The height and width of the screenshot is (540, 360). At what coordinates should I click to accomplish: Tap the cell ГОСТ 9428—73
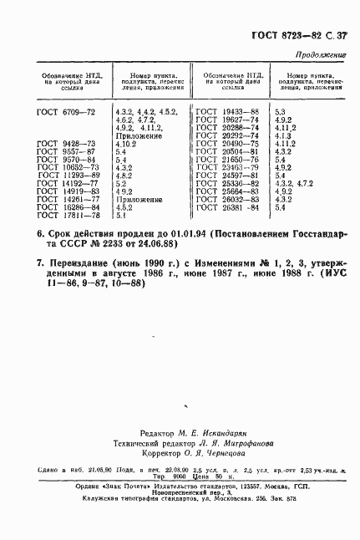[x=63, y=144]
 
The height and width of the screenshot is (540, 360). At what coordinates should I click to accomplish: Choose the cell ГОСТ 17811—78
[x=63, y=215]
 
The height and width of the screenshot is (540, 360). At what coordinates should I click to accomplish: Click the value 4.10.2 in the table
[x=128, y=144]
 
